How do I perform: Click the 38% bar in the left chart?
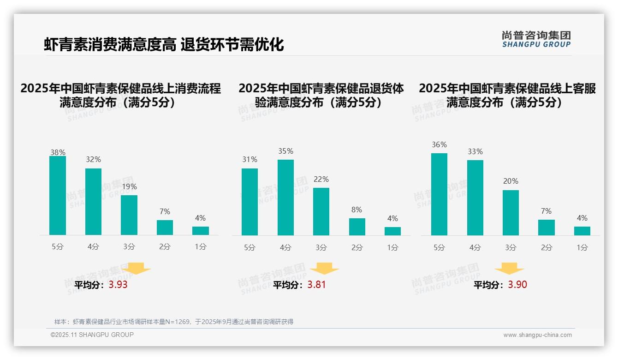point(58,196)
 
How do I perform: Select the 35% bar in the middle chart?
point(285,198)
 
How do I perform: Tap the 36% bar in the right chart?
point(439,194)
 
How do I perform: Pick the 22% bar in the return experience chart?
point(321,211)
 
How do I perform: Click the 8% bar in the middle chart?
point(357,227)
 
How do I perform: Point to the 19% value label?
point(129,187)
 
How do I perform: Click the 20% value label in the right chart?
point(511,181)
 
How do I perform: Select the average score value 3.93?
point(118,285)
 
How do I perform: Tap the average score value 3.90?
point(517,285)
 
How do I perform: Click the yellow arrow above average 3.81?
point(324,269)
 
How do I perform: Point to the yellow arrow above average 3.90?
point(509,269)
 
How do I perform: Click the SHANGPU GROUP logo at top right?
point(536,39)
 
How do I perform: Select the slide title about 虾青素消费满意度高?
point(164,44)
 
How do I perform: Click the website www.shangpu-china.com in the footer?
point(537,335)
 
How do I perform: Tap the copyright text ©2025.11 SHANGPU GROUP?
point(92,335)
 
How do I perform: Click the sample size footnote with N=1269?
point(174,322)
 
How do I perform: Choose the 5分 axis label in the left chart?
point(58,247)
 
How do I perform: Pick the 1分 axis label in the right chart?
point(582,247)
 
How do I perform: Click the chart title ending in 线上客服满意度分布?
point(507,95)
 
